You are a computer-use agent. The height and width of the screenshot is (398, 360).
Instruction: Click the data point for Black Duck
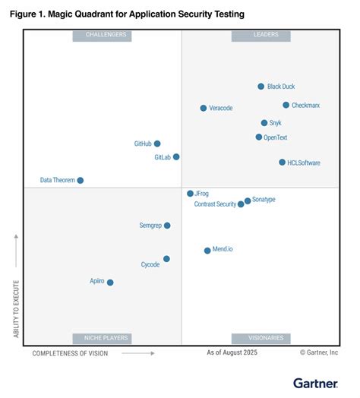(261, 87)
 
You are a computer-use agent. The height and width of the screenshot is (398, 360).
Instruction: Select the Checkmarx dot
(286, 106)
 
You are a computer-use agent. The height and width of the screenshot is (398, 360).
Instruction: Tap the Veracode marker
(203, 109)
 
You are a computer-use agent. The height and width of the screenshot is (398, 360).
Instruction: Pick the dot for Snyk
(264, 123)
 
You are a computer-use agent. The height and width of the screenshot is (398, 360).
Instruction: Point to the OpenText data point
(258, 137)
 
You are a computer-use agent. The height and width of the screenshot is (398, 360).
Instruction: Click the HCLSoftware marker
(282, 163)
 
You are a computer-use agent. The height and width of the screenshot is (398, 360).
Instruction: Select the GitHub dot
(157, 144)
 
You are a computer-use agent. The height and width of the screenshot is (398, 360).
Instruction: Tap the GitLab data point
(176, 157)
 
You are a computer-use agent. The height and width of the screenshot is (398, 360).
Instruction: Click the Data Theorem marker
(81, 181)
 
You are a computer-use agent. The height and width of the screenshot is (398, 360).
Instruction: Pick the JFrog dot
(190, 194)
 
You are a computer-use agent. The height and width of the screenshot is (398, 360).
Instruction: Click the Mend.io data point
(207, 250)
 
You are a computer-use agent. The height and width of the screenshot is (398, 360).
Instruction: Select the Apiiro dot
(110, 283)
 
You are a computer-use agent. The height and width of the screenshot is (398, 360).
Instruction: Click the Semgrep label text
(150, 226)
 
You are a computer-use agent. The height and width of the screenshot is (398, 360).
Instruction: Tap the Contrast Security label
(215, 204)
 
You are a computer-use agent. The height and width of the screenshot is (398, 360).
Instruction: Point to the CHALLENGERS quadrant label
(101, 35)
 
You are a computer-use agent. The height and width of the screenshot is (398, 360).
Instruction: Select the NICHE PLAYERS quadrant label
(101, 338)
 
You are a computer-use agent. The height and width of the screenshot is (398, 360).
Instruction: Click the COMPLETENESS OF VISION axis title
(70, 353)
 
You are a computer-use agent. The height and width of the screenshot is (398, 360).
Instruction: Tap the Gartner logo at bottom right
(315, 383)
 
